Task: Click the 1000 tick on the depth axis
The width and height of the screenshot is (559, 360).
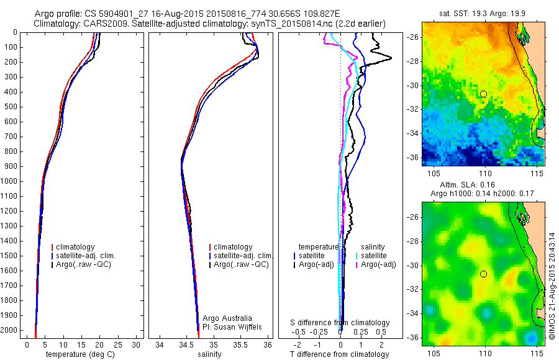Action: click(x=9, y=181)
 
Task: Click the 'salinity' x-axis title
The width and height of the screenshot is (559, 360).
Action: click(x=211, y=354)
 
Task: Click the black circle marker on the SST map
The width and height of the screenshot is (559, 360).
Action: click(x=483, y=94)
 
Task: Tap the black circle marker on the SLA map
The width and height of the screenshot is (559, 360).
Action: click(x=483, y=274)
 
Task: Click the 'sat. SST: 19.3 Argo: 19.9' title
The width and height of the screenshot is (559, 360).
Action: click(x=483, y=11)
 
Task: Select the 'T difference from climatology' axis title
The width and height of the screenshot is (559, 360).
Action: click(x=339, y=354)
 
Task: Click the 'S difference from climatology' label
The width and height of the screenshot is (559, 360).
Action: click(x=340, y=323)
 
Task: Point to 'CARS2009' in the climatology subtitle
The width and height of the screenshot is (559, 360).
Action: click(x=101, y=24)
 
